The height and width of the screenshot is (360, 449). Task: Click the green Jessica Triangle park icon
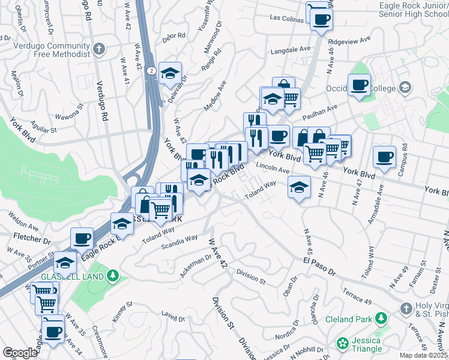[342, 343]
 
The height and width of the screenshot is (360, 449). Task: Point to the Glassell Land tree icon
[112, 275]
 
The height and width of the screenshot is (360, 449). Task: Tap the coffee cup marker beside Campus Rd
[384, 157]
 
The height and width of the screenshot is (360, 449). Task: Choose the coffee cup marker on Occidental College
[359, 85]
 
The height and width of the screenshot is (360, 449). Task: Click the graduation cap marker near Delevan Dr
[170, 73]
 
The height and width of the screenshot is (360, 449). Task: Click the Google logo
[20, 352]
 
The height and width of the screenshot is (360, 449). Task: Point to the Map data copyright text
[423, 355]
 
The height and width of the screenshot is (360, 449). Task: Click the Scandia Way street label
[179, 242]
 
